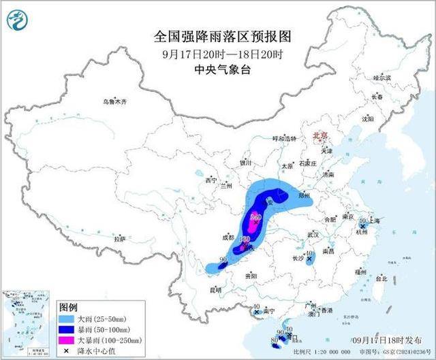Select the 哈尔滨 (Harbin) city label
point(382,78)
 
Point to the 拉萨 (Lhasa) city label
point(120,239)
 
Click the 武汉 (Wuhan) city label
point(313,234)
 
